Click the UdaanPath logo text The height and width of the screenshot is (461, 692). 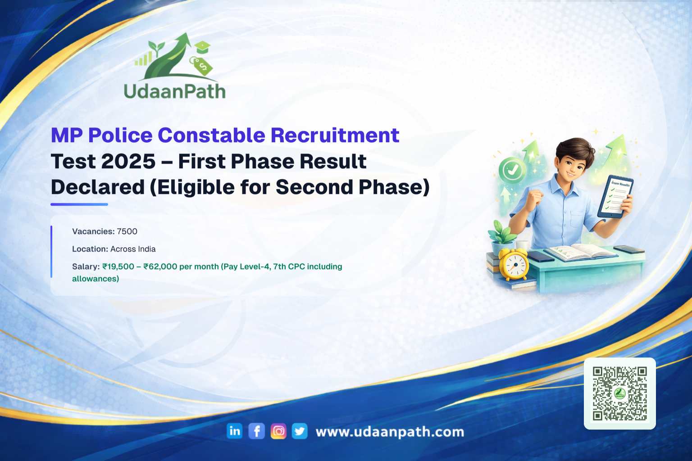174,91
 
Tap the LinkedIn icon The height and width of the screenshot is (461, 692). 234,431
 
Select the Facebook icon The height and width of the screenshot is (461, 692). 256,431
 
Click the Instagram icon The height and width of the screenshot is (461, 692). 278,431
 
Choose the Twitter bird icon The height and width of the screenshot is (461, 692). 300,431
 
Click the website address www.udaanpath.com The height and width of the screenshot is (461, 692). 390,432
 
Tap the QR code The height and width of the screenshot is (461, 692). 620,393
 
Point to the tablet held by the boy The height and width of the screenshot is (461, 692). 615,197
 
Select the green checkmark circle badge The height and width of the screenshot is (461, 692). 512,170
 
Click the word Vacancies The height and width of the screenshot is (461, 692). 93,231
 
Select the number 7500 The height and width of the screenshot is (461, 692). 127,231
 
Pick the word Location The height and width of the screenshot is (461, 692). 90,249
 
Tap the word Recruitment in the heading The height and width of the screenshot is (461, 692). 335,135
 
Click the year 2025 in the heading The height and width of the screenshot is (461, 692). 128,161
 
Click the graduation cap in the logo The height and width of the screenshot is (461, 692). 202,47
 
